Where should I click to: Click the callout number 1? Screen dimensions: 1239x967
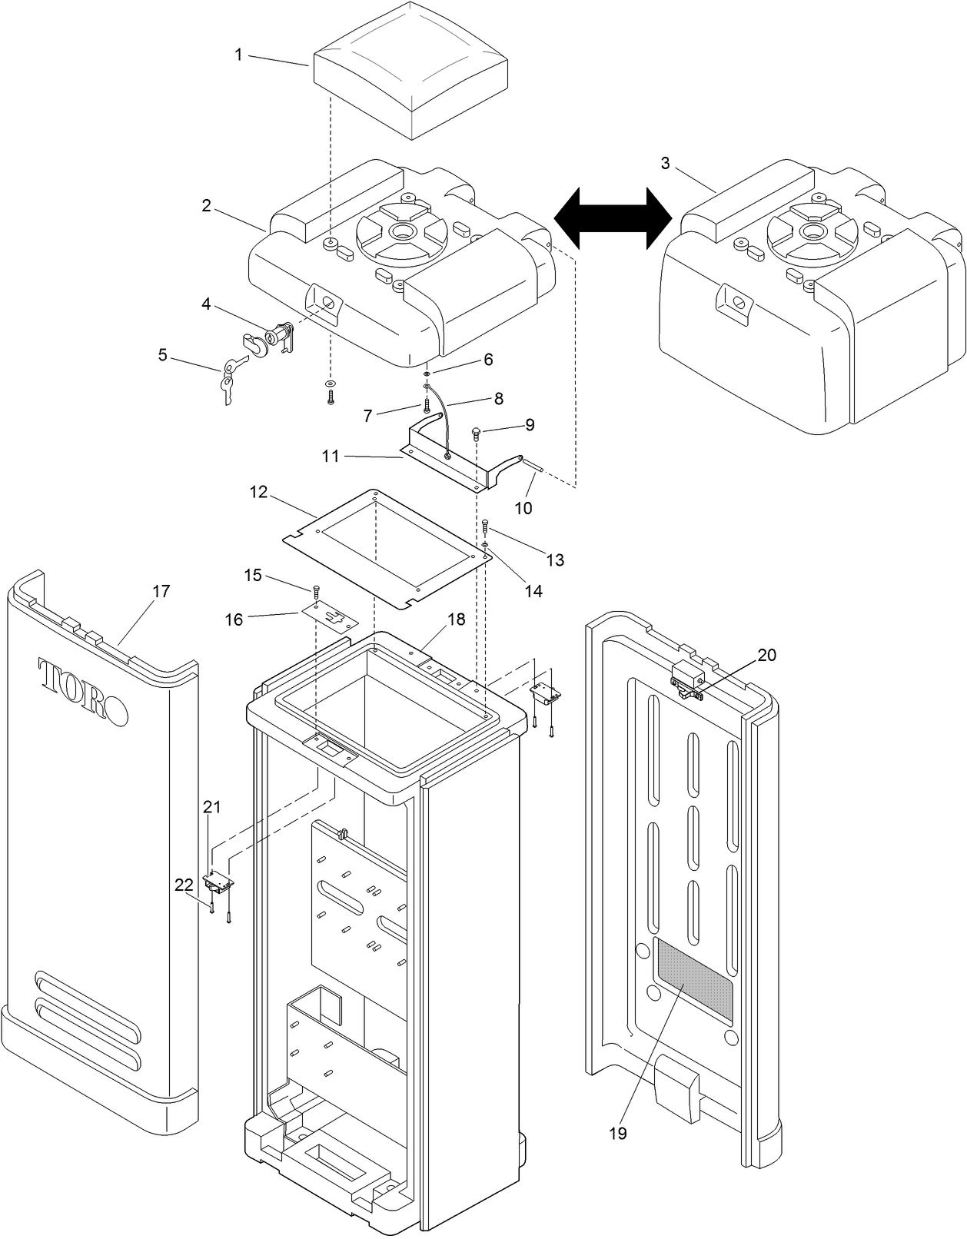point(238,55)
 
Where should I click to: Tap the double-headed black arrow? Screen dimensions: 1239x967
point(613,219)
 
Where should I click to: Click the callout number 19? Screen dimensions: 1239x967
point(618,1132)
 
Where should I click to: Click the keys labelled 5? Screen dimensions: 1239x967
point(231,378)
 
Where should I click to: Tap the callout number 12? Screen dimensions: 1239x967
point(258,491)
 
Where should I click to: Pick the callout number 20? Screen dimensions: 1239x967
point(766,655)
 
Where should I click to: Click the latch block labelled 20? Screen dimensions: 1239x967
point(688,676)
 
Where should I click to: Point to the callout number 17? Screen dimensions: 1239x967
point(161,591)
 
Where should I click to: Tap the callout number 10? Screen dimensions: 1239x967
point(523,508)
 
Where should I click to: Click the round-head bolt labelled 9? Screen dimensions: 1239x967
point(477,430)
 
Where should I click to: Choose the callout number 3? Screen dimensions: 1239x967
point(665,164)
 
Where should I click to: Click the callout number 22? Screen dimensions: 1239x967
point(184,885)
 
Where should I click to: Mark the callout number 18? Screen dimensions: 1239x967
point(457,619)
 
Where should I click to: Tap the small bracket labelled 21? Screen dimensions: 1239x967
point(218,884)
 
